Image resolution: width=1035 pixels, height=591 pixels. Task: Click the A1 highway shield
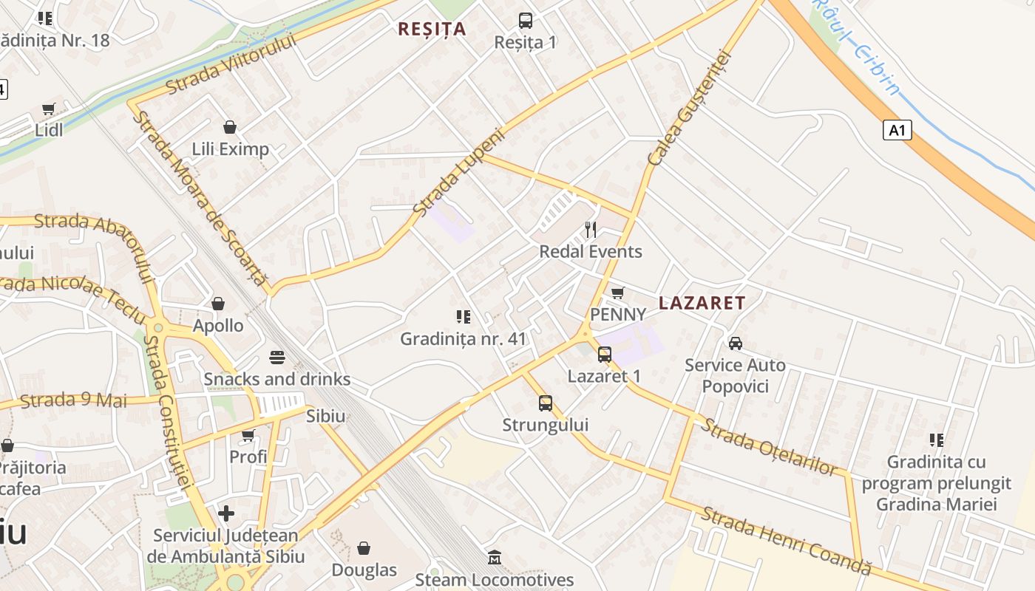897,131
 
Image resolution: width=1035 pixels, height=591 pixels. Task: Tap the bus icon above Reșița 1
525,21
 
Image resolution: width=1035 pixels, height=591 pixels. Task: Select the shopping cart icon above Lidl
49,109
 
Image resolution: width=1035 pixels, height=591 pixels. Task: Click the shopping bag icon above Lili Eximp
230,127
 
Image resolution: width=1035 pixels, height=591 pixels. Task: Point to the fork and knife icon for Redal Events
590,229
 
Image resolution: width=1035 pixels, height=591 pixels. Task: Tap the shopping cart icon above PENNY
618,293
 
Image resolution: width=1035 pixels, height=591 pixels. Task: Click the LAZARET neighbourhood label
702,303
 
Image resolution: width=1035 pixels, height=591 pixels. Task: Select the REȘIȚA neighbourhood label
432,29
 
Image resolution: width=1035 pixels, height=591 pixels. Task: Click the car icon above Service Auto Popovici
735,344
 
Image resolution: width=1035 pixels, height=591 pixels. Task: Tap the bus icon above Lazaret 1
605,355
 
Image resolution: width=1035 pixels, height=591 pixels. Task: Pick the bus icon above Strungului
546,403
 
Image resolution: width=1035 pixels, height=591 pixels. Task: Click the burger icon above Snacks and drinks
277,358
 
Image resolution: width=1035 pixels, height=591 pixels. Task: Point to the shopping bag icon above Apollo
218,304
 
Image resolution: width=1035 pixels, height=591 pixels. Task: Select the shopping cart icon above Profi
248,435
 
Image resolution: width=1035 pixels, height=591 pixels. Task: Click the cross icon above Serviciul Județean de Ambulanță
226,513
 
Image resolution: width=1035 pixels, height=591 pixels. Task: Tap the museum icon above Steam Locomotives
495,557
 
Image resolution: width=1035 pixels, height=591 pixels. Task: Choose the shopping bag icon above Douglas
364,548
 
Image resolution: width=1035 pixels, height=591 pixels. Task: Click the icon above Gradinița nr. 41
464,317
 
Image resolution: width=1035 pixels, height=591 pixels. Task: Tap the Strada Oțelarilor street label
770,447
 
